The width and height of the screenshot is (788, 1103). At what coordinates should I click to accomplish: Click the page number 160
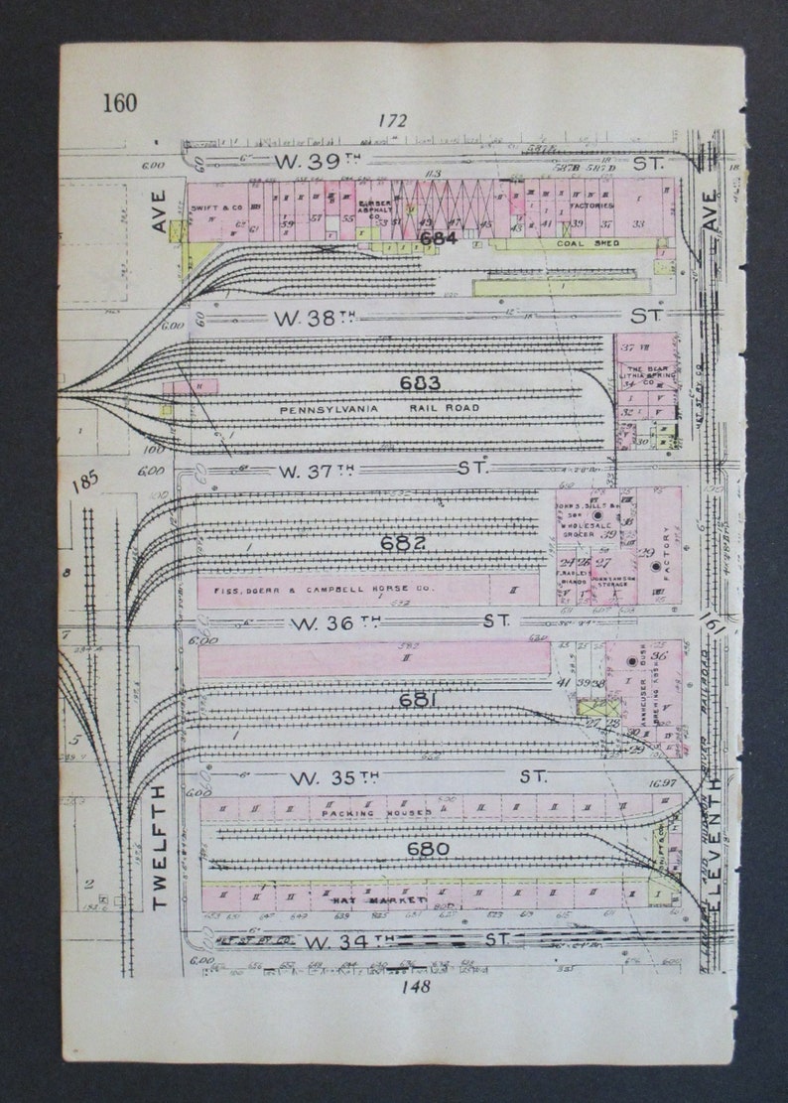click(119, 102)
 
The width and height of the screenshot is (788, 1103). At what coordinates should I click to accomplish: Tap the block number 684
click(438, 238)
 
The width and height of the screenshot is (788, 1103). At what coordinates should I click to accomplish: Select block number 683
click(420, 383)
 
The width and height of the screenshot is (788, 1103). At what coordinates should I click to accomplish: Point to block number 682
click(404, 543)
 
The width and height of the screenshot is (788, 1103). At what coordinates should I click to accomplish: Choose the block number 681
click(418, 700)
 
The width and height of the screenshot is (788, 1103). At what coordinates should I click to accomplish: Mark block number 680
click(427, 849)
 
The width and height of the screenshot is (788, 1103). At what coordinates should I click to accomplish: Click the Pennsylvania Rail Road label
click(379, 408)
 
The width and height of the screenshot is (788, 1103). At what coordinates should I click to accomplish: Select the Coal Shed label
click(588, 243)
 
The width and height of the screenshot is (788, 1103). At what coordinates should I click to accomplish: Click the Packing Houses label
click(376, 813)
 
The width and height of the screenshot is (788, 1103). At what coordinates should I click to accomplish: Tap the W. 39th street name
click(306, 160)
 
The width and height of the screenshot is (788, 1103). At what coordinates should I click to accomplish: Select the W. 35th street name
click(310, 776)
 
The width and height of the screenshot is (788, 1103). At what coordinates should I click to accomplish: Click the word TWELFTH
click(159, 848)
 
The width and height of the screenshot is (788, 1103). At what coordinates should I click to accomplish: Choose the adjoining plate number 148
click(416, 986)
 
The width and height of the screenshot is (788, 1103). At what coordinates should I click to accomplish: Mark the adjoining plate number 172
click(393, 121)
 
